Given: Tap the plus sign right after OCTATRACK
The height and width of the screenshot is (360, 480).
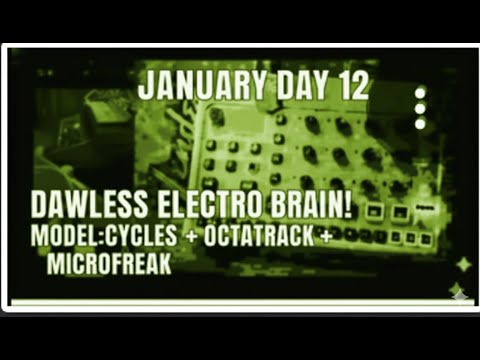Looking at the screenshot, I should [328, 241].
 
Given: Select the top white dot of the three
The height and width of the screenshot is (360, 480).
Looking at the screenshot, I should [420, 93].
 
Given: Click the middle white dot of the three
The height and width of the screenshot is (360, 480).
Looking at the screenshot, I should [420, 108].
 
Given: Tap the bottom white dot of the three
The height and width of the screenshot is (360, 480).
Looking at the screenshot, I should [420, 123].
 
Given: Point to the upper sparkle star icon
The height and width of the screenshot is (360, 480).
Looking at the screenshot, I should [463, 264].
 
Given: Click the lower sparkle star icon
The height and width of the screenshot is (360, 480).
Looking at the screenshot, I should [455, 290].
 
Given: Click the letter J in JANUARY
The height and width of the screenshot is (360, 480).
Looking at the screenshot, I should [145, 86].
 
